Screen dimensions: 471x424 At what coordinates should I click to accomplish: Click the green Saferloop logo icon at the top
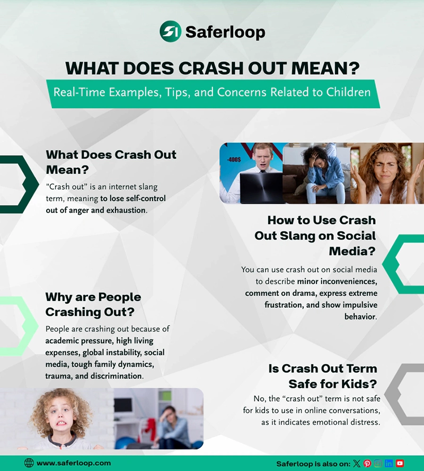[170, 31]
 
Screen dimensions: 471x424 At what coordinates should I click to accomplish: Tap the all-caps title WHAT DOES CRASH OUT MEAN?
[212, 68]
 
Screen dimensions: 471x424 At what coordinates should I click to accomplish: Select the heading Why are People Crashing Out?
[93, 304]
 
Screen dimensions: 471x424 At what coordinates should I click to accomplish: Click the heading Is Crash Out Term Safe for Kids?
[329, 376]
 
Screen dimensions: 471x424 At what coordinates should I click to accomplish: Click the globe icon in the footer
[29, 463]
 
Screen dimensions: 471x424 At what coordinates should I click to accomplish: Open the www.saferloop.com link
[74, 463]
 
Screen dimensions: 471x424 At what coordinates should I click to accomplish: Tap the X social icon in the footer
[357, 464]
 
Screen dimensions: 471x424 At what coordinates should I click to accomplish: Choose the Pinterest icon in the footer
[367, 464]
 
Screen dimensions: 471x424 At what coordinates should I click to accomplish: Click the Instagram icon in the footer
[378, 464]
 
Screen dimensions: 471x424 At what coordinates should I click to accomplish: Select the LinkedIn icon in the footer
[389, 464]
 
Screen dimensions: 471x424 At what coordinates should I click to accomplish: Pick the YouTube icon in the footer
[400, 464]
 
